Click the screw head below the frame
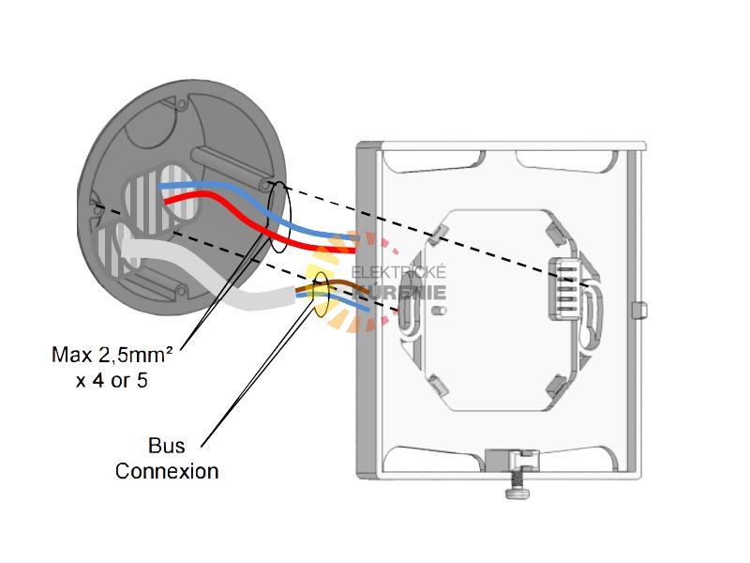pyautogui.click(x=515, y=489)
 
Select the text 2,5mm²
pyautogui.click(x=140, y=355)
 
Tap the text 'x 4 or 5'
pyautogui.click(x=112, y=380)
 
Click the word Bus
pyautogui.click(x=166, y=445)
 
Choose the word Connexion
pyautogui.click(x=166, y=470)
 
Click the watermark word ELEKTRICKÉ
pyautogui.click(x=398, y=273)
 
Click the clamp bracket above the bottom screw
pyautogui.click(x=514, y=459)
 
